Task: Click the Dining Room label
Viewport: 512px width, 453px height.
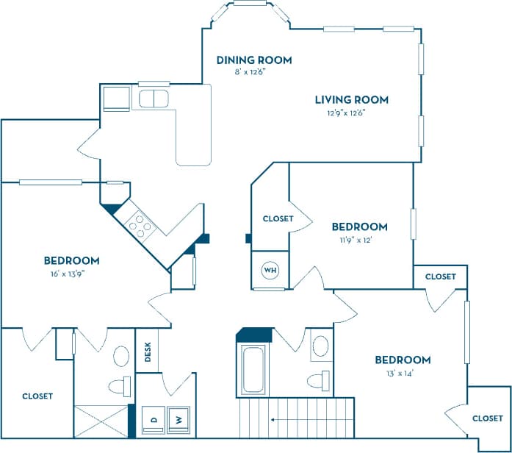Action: [254, 60]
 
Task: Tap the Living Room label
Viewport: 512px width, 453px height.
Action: [351, 100]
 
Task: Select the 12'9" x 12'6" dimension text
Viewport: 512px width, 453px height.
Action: [346, 113]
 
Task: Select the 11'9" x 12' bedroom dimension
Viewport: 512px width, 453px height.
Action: [358, 239]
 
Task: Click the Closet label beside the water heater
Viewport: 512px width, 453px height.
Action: [278, 218]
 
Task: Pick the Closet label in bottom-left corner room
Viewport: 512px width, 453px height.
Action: [37, 396]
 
